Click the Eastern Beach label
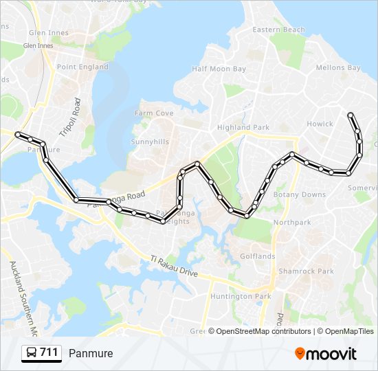(278, 30)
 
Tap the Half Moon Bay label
(219, 69)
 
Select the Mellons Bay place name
(337, 68)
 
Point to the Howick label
(320, 124)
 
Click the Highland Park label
(243, 128)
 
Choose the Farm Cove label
(154, 113)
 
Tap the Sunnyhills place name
(150, 142)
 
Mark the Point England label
(82, 67)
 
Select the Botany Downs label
(300, 194)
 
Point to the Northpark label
(292, 223)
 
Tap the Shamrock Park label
(306, 271)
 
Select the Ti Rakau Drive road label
(174, 267)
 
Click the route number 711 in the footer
(49, 352)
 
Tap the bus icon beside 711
(32, 353)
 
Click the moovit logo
(326, 354)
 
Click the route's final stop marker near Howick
(351, 115)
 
